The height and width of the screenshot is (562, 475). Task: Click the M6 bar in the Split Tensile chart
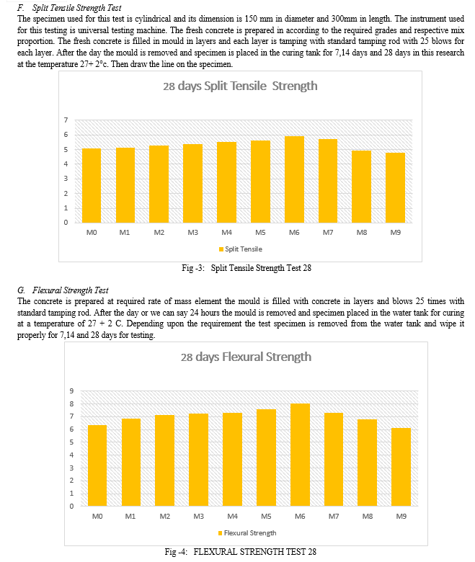(294, 179)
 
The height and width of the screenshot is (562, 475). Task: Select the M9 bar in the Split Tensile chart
(395, 188)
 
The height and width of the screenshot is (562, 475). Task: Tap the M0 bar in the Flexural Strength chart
(97, 465)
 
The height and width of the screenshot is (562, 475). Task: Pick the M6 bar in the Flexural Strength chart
(300, 455)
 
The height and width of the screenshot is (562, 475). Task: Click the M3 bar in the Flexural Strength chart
(199, 460)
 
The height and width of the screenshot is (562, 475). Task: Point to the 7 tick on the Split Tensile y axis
(66, 120)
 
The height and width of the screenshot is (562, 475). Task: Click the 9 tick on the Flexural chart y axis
(71, 391)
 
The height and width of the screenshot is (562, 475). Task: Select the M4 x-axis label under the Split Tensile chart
(226, 232)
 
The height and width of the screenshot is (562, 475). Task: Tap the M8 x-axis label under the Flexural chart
(368, 516)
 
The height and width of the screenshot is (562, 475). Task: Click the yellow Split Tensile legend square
(221, 249)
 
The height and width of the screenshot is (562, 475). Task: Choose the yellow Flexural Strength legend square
(220, 533)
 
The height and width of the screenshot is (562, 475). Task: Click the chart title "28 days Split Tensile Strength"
(240, 86)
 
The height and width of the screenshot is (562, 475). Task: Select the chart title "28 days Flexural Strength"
(246, 357)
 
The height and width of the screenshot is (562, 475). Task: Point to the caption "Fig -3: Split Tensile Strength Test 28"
(247, 268)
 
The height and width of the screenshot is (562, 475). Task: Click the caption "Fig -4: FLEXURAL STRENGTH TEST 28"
(241, 552)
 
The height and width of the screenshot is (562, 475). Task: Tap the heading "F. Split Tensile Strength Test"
(69, 8)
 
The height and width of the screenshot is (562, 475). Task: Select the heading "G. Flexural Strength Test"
(63, 290)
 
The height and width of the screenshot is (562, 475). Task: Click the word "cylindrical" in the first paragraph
(153, 19)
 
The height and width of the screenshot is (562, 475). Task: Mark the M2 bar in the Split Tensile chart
(159, 184)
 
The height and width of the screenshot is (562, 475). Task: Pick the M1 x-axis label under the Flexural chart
(130, 516)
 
